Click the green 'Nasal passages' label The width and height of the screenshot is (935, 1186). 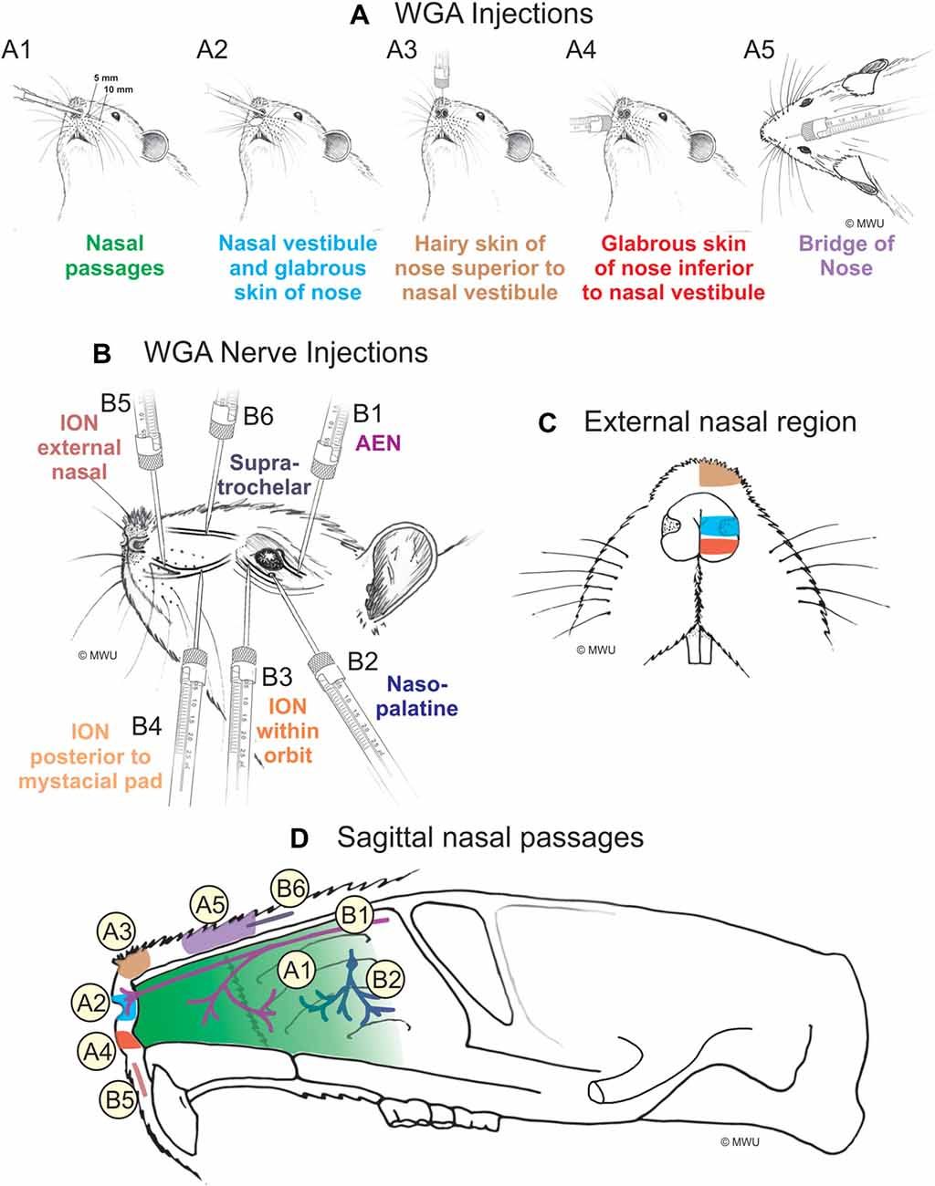click(114, 256)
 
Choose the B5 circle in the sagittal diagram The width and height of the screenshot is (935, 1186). click(119, 1100)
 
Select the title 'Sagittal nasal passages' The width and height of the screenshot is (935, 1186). click(490, 837)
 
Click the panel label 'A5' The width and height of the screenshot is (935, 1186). click(759, 49)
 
